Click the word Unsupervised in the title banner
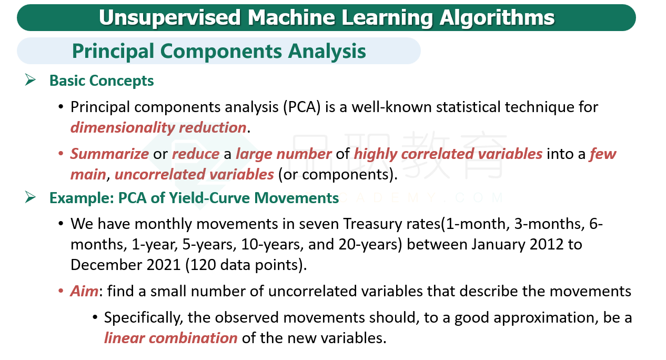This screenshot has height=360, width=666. tap(169, 18)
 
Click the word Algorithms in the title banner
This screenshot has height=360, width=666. tap(497, 18)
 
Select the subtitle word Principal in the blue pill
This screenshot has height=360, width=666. tap(113, 52)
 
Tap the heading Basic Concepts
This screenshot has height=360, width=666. tap(102, 81)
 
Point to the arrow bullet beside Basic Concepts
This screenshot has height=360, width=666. tap(31, 79)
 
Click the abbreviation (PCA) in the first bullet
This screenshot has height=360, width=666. tap(302, 107)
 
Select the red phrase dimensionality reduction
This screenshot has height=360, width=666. tap(158, 128)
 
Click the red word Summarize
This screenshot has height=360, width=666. tap(109, 154)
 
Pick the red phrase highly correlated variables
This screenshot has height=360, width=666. tap(448, 154)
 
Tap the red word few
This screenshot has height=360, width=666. tap(603, 154)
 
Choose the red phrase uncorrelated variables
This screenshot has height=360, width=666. tap(194, 174)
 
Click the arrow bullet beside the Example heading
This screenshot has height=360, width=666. tap(31, 197)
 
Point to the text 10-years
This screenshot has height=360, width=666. tap(273, 245)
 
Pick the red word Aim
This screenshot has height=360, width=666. tap(84, 291)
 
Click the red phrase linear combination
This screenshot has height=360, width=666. tap(170, 338)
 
